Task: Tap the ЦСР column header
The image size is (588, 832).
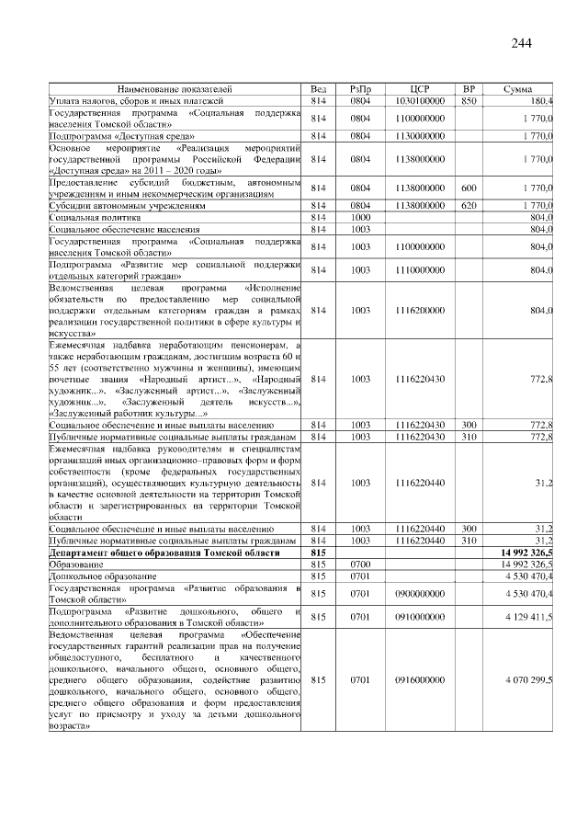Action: click(420, 88)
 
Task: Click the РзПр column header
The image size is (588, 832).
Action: click(360, 88)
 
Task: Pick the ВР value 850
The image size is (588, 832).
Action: click(468, 100)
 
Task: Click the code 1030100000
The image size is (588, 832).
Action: click(420, 100)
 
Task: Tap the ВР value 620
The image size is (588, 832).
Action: click(468, 206)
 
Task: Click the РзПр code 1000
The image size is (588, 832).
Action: click(360, 217)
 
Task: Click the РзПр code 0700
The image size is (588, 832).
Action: click(360, 564)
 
